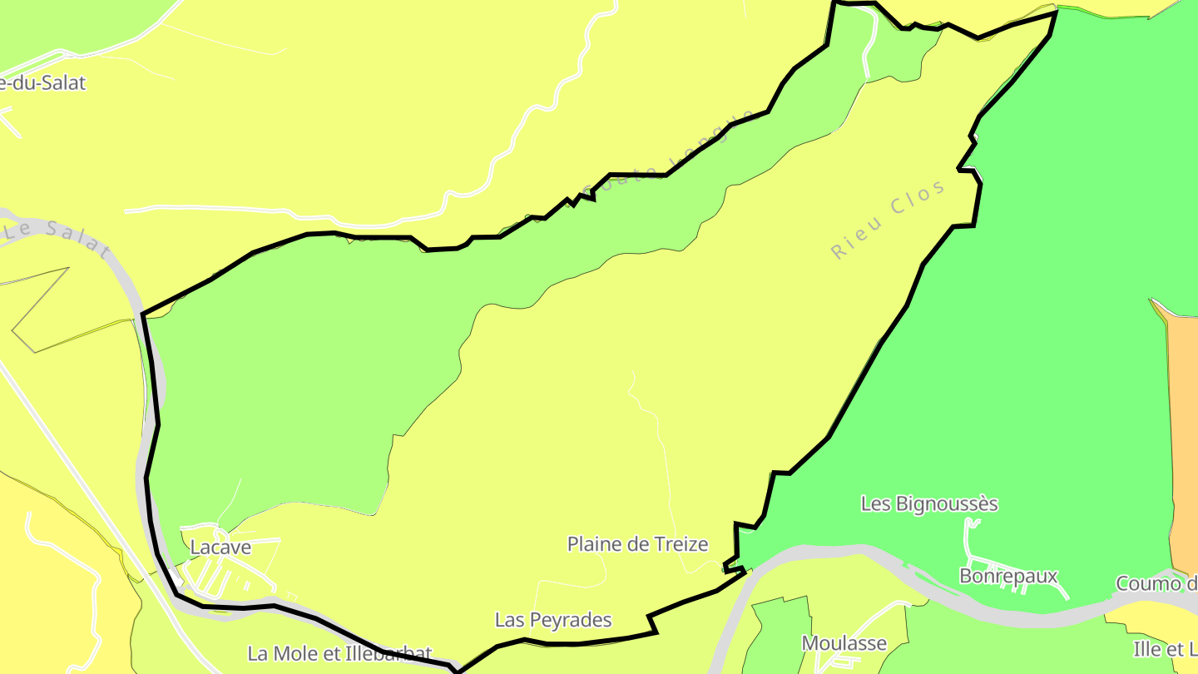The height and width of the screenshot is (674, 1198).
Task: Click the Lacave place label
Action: click(220, 548)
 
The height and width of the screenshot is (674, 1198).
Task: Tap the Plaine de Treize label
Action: click(637, 544)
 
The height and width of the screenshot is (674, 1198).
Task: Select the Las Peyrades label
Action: click(553, 620)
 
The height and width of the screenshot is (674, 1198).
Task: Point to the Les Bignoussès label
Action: click(929, 503)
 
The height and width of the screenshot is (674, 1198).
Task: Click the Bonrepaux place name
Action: click(1008, 576)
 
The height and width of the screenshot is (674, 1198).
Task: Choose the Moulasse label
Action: click(844, 643)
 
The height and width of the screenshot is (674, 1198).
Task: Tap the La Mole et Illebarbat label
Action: click(340, 653)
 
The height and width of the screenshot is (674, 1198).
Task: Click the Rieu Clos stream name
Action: click(889, 219)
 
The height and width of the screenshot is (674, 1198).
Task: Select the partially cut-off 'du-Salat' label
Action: click(43, 83)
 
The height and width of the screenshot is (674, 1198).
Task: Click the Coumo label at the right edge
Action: click(1156, 583)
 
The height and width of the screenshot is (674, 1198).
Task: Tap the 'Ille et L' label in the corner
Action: click(1165, 648)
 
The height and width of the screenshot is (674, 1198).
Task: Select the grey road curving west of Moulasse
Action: click(732, 616)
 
